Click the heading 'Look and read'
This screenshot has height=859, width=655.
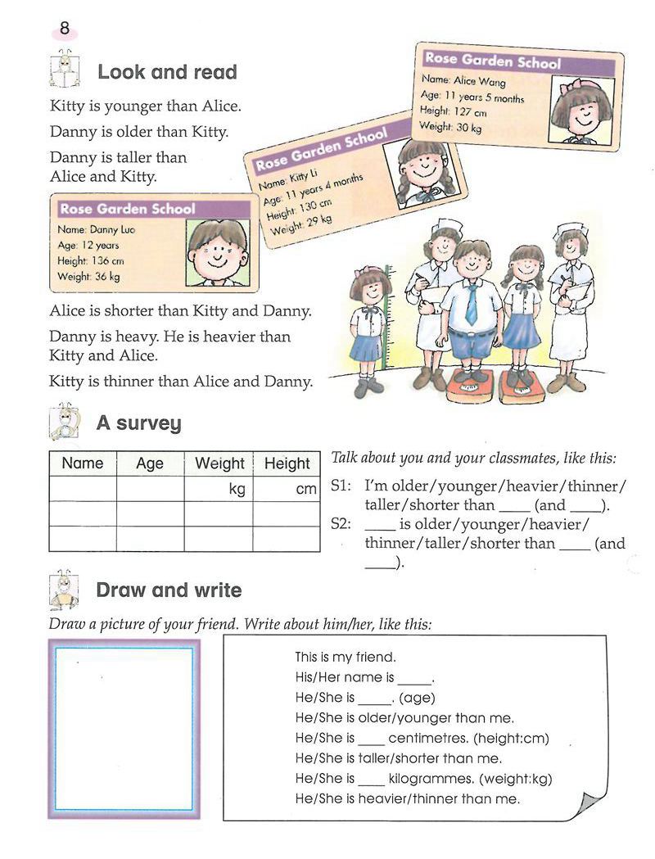click(x=167, y=72)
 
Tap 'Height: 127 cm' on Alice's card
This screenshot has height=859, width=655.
click(x=454, y=111)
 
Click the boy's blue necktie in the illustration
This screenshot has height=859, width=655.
click(x=471, y=303)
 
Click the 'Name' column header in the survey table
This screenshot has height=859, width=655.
click(x=83, y=463)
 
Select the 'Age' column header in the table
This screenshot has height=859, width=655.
click(x=150, y=463)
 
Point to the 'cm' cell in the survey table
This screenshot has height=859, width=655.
click(x=305, y=490)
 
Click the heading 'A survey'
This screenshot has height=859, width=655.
click(x=138, y=423)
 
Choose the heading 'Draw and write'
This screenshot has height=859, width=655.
click(x=169, y=590)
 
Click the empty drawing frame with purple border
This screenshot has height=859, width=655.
click(x=124, y=728)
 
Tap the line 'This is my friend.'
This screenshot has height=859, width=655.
click(x=346, y=657)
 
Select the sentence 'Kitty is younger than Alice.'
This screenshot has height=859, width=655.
click(x=146, y=106)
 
